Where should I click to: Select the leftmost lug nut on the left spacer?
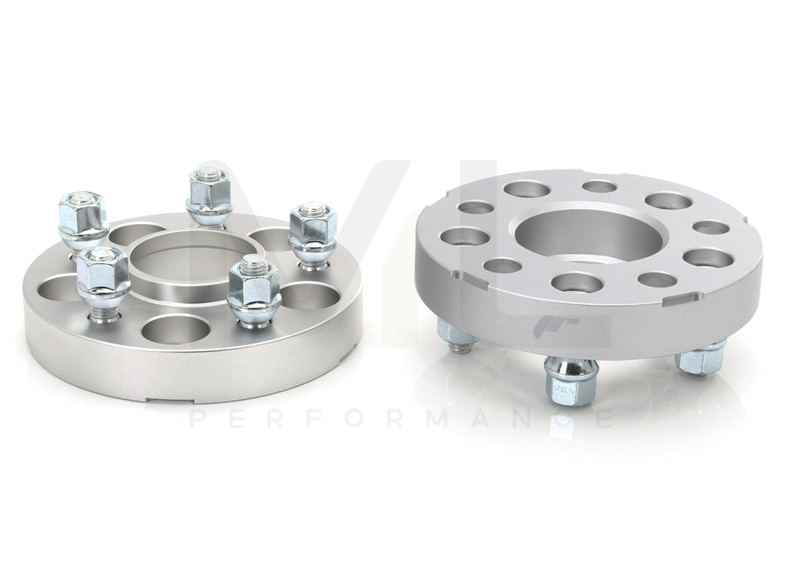(x=84, y=215)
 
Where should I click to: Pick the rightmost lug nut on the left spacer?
(x=313, y=231)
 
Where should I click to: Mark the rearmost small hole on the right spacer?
(x=599, y=187)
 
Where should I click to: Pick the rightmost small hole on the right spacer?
(x=711, y=228)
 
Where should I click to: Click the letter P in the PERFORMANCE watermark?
(x=196, y=419)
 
